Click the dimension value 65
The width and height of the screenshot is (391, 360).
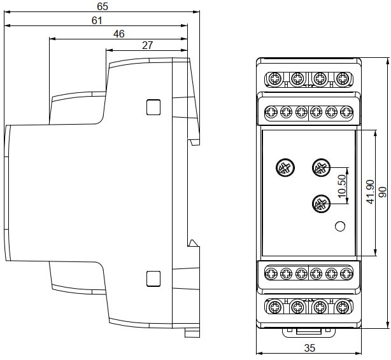pos(103,6)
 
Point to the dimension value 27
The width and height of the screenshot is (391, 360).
pos(147,45)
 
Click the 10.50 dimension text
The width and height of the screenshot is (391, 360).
pos(341,185)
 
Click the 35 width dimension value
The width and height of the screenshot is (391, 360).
pos(309,349)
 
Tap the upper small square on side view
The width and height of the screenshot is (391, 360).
pos(153,107)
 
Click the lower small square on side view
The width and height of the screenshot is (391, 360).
pos(153,278)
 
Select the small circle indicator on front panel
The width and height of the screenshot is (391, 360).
pos(340,225)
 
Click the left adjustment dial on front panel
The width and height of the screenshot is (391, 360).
pos(284,168)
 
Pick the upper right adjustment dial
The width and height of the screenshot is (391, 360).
pos(320,168)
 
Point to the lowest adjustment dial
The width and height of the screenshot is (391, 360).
pos(320,204)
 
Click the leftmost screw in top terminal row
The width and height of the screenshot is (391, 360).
pos(274,78)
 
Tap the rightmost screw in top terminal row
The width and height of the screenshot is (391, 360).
pos(343,78)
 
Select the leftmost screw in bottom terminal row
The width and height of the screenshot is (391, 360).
pos(274,308)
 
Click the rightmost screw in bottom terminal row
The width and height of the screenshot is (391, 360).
pos(343,308)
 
